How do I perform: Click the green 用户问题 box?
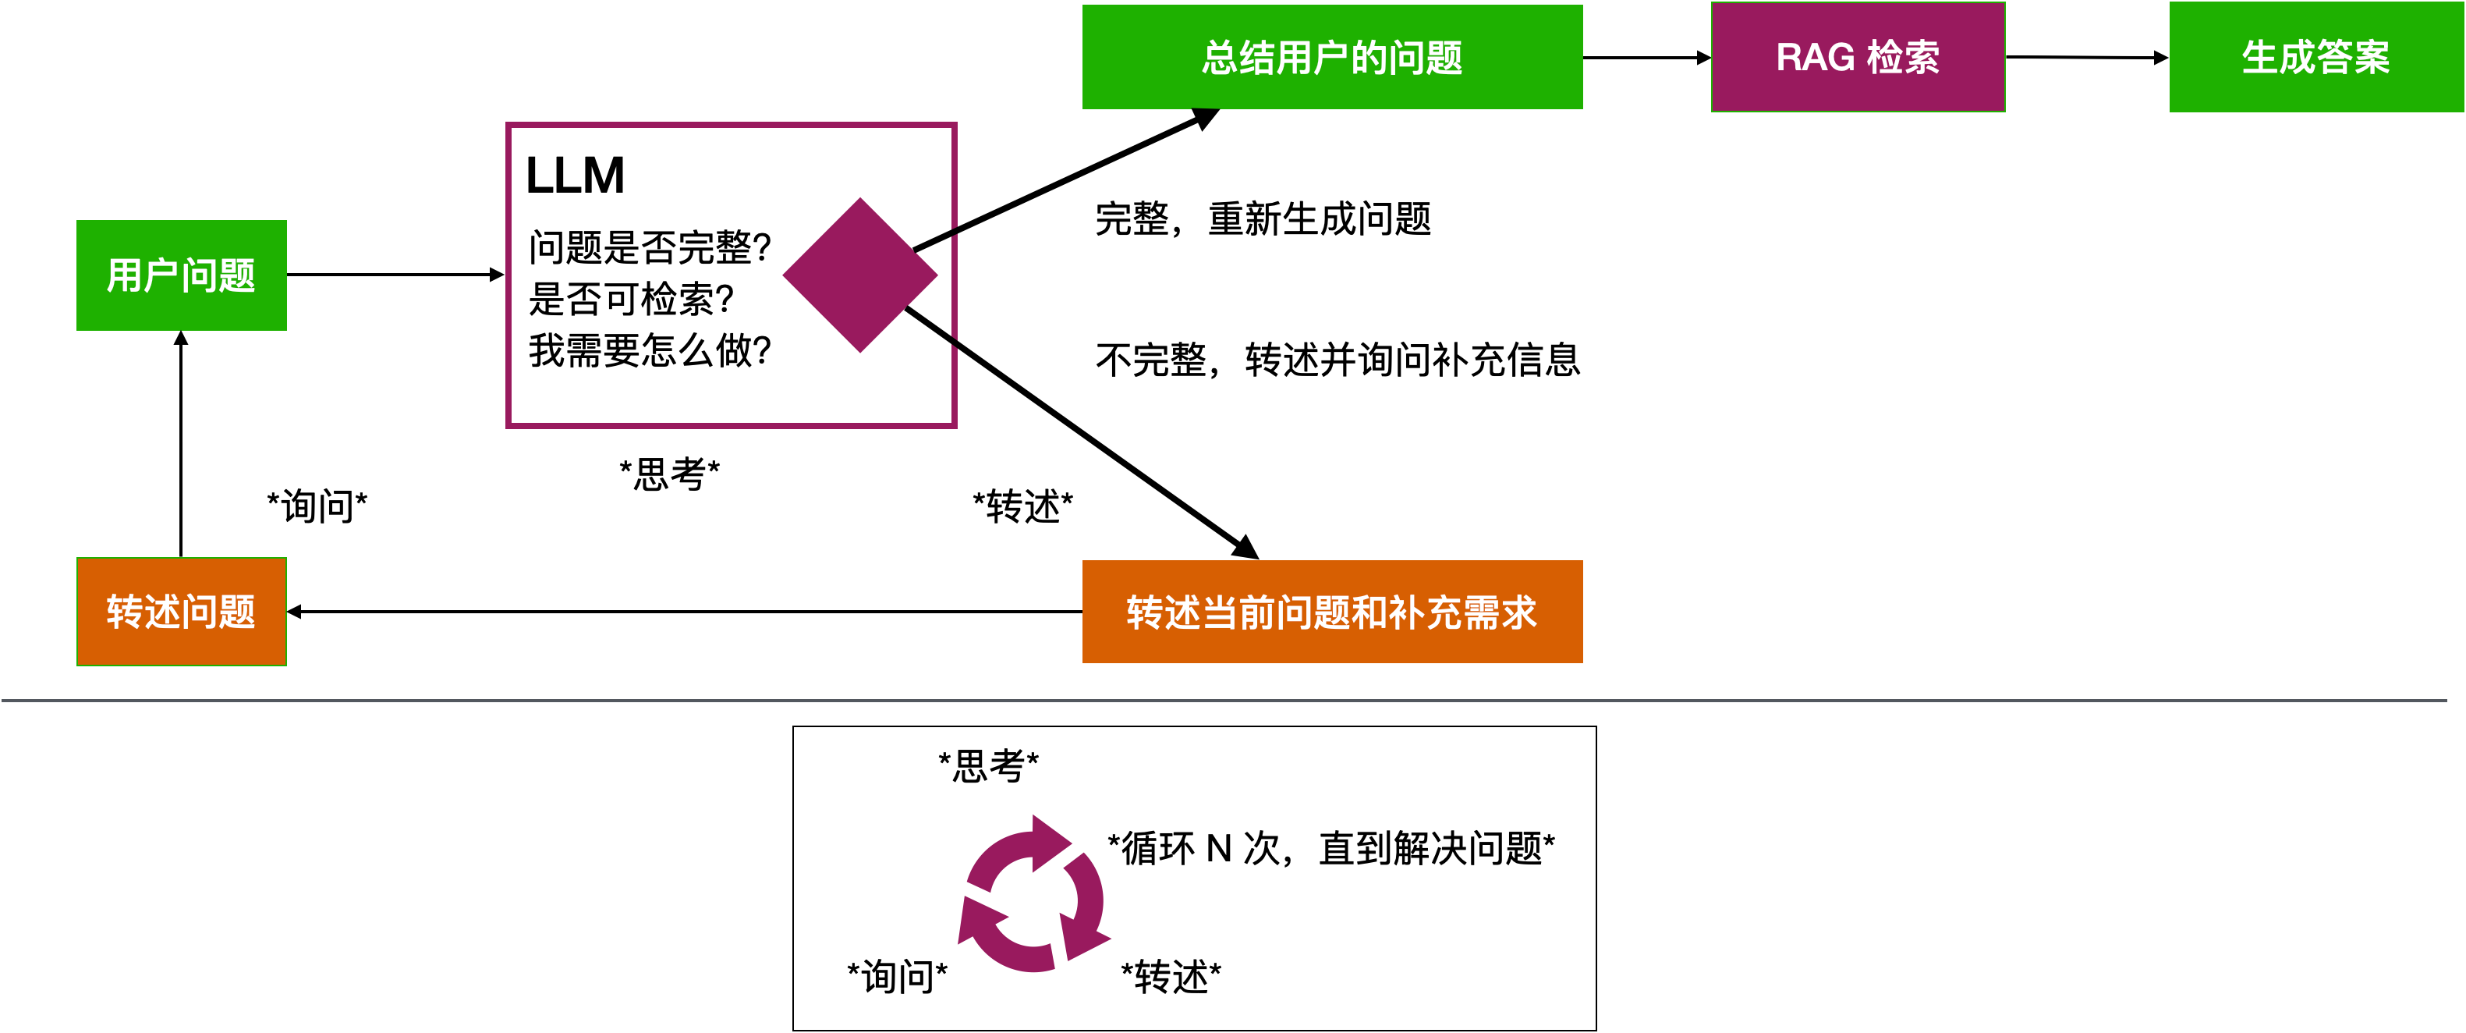pos(181,275)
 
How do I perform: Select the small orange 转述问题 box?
pos(181,611)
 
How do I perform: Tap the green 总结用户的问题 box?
pos(1331,58)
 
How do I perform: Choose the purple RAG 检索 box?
pos(1857,58)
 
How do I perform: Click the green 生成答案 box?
pos(2315,58)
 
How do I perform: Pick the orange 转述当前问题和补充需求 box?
pos(1331,612)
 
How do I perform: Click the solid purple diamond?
pos(859,275)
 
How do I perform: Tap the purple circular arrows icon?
pos(1034,895)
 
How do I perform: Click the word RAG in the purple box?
pos(1815,58)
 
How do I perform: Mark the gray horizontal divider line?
pos(1225,701)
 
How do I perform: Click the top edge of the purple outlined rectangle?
pos(732,125)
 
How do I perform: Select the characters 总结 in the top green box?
pos(1238,58)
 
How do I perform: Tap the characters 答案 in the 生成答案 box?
pos(2353,58)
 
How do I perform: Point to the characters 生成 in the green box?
pos(2278,58)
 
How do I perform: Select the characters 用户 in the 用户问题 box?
pos(143,275)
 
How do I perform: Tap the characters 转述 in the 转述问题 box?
pos(143,612)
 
